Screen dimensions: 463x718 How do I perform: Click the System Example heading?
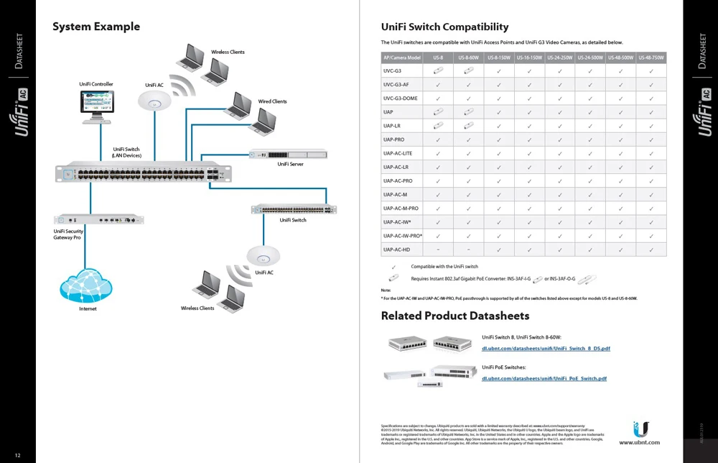click(96, 27)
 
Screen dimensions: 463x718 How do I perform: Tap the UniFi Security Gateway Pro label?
click(68, 234)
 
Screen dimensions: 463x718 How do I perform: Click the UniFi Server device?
click(287, 154)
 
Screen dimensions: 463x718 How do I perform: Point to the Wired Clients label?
click(272, 102)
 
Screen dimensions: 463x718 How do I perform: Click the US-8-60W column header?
click(468, 58)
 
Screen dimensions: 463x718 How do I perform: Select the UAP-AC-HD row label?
click(396, 249)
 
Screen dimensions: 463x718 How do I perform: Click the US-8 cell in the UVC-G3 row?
click(438, 71)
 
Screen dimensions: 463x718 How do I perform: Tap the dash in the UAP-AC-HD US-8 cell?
click(438, 249)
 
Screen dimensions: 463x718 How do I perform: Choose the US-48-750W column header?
click(651, 58)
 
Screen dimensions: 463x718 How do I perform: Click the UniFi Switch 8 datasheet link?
click(546, 349)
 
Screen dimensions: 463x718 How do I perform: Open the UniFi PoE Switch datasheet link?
click(544, 378)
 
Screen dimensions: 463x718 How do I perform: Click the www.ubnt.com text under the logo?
click(639, 443)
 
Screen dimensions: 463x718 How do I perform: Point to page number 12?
click(18, 456)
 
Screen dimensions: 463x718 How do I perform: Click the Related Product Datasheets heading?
click(454, 316)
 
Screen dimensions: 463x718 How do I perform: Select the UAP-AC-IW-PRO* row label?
click(402, 236)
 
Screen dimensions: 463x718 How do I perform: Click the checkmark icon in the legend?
click(393, 267)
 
